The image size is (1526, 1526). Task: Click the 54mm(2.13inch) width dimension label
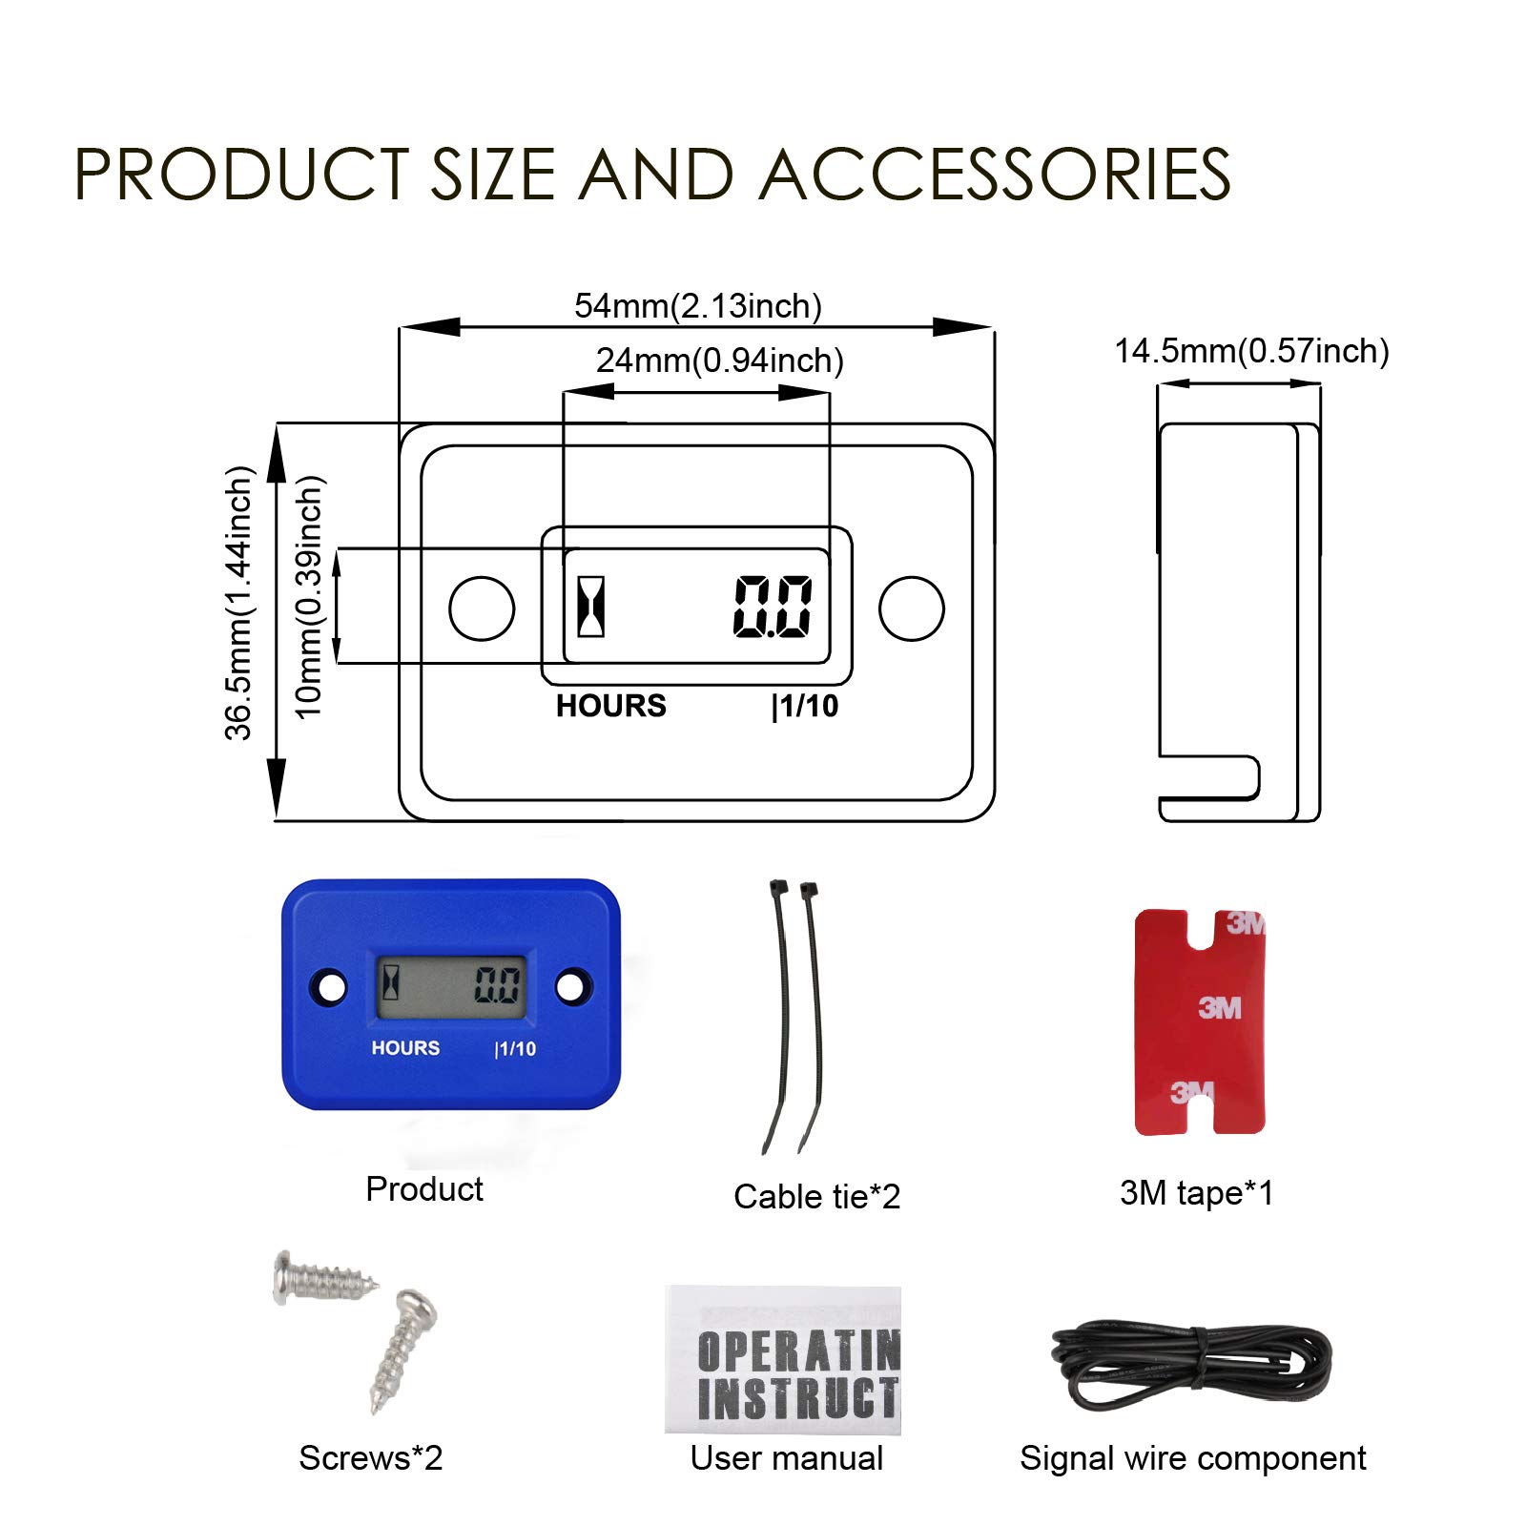(x=697, y=306)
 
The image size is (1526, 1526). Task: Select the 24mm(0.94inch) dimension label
(x=719, y=361)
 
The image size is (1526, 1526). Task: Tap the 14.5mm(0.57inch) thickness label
(x=1251, y=351)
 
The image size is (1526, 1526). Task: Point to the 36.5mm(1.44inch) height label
(x=238, y=603)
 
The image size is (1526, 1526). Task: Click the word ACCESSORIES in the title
(x=995, y=175)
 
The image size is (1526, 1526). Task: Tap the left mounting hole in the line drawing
(x=482, y=608)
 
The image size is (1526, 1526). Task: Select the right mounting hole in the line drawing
(x=912, y=608)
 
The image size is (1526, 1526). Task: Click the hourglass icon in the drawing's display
(x=591, y=606)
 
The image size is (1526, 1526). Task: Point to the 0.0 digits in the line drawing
(x=773, y=607)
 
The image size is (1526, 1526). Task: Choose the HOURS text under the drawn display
(x=611, y=706)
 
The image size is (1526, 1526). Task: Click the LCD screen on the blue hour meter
(x=451, y=986)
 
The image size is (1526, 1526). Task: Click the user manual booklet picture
(x=783, y=1359)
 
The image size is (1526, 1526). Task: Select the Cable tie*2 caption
(x=816, y=1196)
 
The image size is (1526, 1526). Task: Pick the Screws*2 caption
(x=370, y=1457)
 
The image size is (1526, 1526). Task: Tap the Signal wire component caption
(x=1192, y=1457)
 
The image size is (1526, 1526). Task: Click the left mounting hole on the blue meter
(x=331, y=987)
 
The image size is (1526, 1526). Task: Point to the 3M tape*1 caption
(x=1196, y=1192)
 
